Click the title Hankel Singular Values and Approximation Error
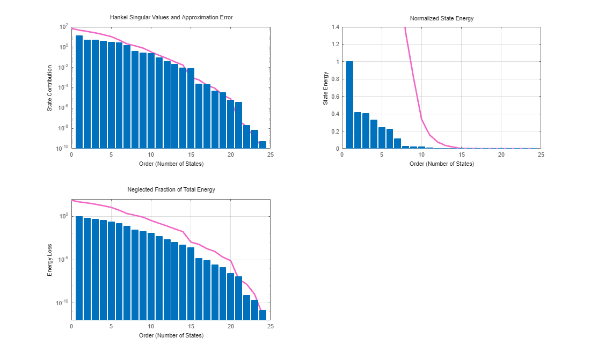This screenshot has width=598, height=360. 171,18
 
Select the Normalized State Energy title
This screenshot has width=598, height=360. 441,18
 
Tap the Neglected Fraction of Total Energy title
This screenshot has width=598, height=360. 171,190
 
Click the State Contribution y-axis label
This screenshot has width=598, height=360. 50,88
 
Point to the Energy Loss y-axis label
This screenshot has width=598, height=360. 50,260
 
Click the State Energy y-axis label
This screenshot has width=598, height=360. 326,88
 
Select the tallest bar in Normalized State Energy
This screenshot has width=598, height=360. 349,105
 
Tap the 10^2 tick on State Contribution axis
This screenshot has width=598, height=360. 63,27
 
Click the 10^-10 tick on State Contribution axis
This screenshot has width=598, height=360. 61,148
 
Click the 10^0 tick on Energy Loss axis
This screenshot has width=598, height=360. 63,216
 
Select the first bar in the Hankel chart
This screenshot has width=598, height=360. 79,92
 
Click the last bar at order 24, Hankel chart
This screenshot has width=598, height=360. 262,145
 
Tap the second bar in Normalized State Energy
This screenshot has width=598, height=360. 358,130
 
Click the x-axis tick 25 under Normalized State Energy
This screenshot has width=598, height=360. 541,155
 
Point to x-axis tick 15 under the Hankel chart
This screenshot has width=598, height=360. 191,155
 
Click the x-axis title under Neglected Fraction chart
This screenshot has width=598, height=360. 171,335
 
